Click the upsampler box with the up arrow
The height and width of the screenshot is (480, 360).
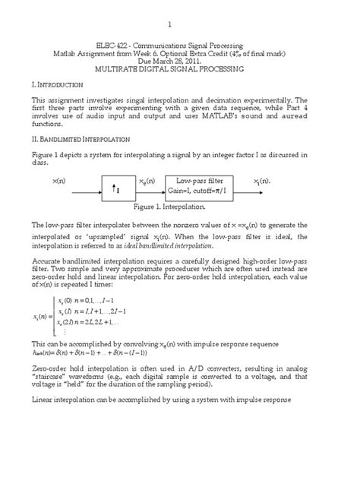(x=123, y=186)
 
